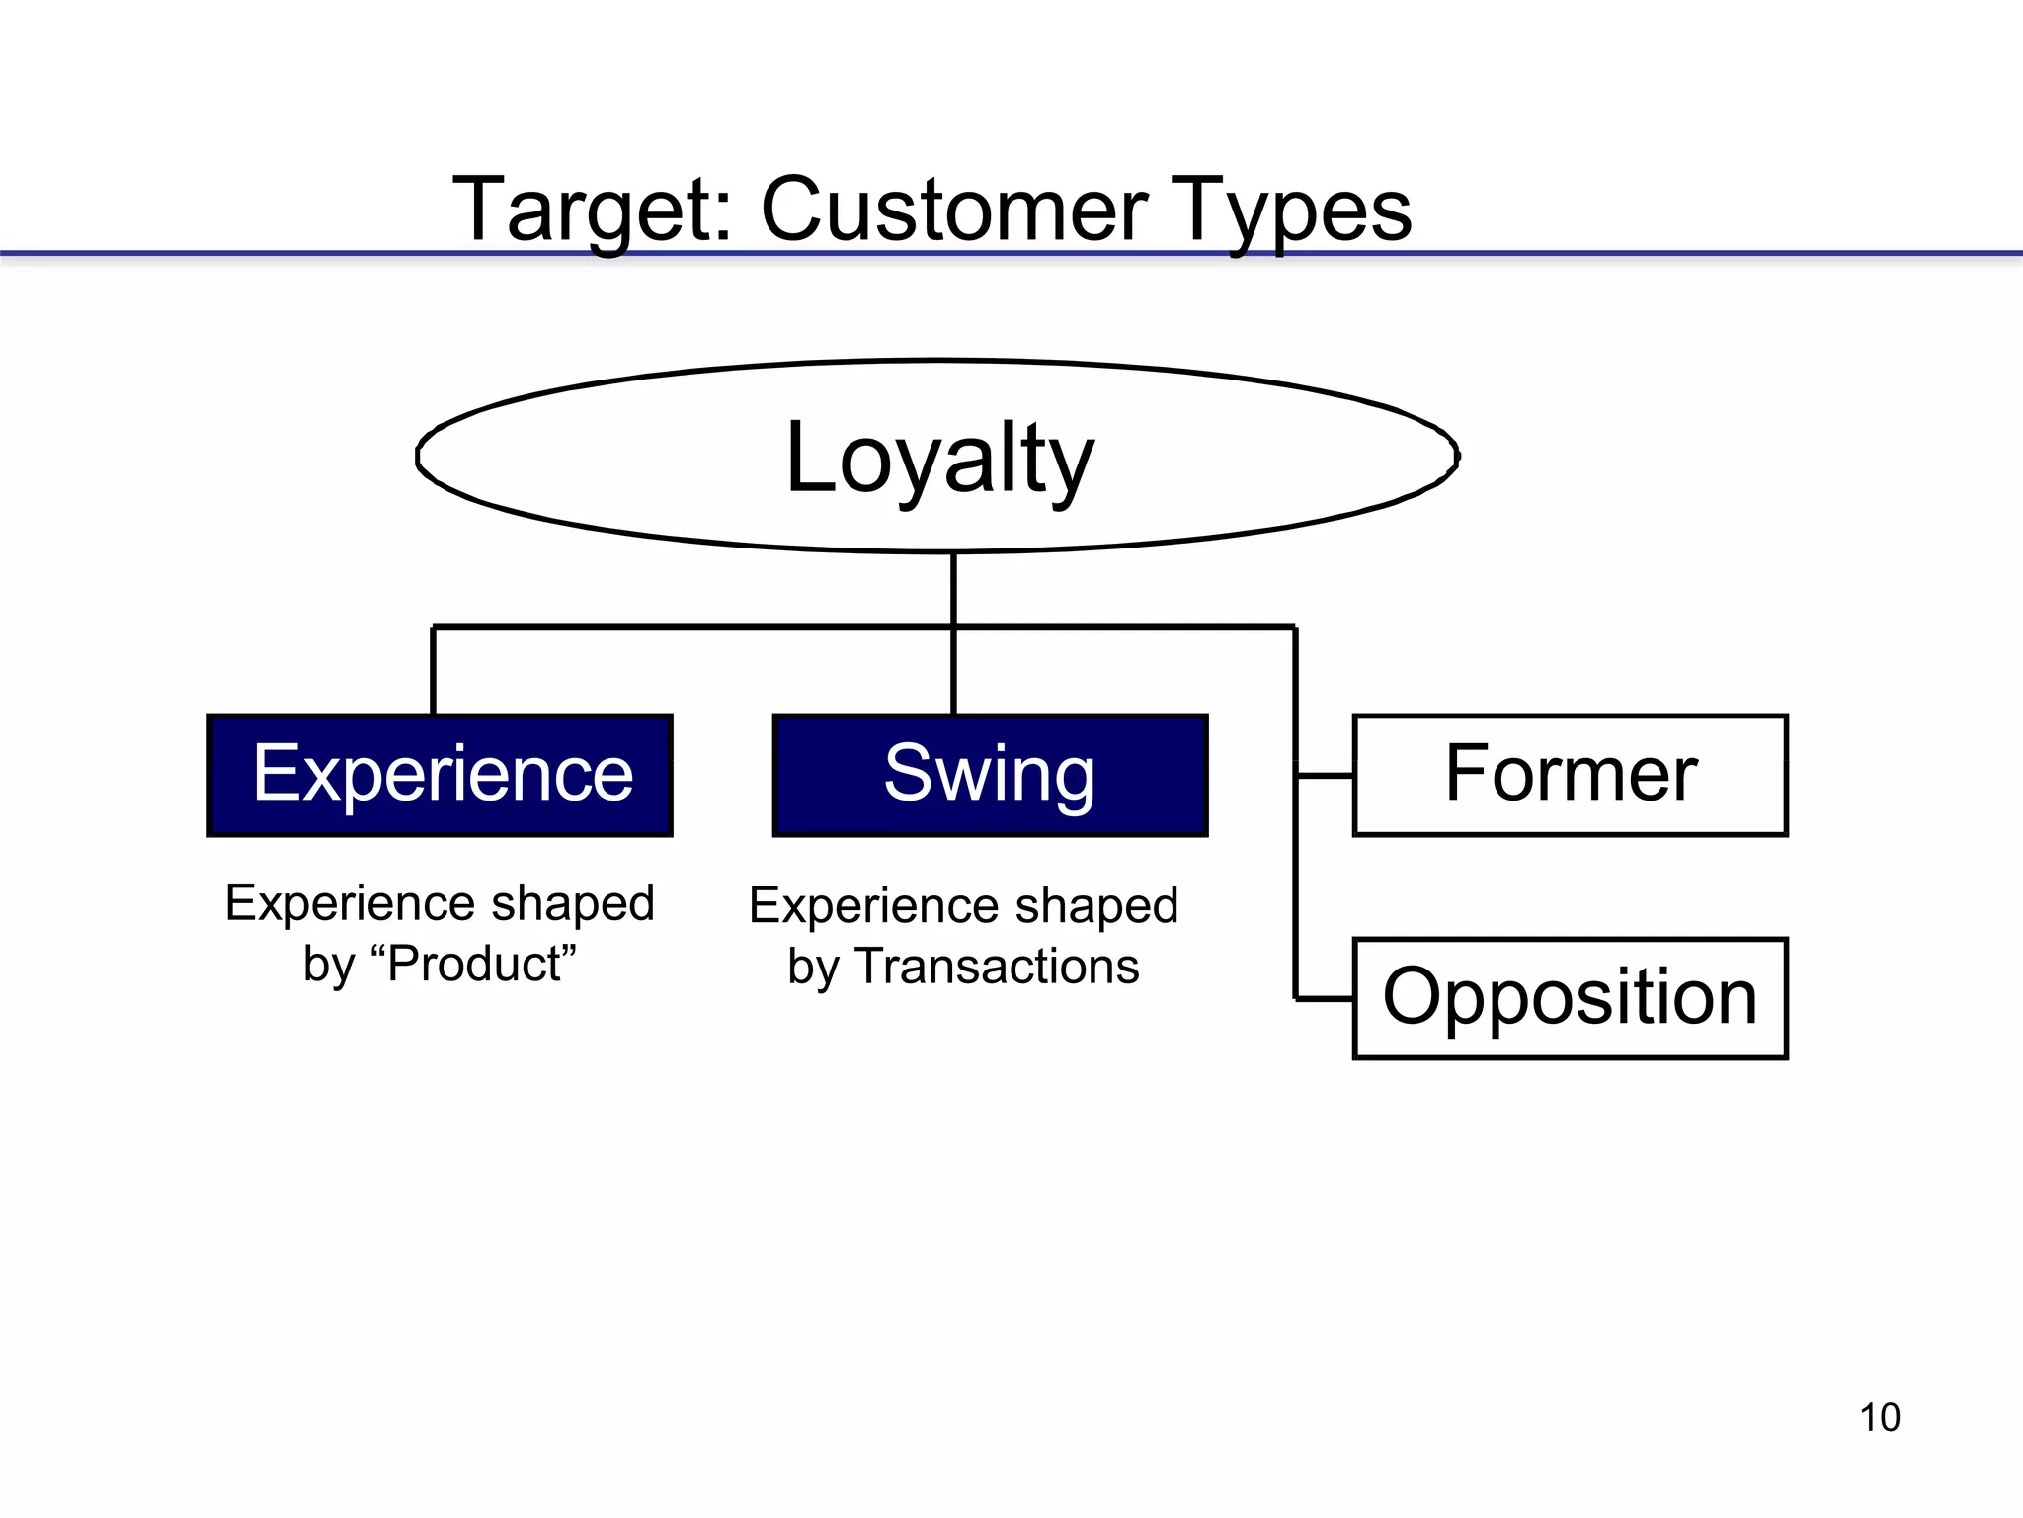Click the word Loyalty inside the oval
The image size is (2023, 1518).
pos(939,459)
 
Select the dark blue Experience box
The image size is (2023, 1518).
pos(441,775)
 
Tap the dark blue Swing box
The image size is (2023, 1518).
pos(990,775)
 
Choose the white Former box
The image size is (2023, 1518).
pos(1570,775)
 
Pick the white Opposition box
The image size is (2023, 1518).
pos(1570,998)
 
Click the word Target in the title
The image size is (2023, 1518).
pos(590,210)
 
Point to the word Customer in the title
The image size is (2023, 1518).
pos(953,210)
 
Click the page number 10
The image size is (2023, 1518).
pos(1879,1417)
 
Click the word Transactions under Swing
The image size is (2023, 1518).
pos(998,967)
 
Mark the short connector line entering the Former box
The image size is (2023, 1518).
pos(1324,776)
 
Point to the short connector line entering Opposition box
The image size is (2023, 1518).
pos(1324,999)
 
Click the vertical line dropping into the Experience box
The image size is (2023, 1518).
pos(433,670)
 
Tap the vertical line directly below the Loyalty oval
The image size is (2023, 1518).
pos(953,589)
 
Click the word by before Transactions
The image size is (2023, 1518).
pos(812,968)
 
